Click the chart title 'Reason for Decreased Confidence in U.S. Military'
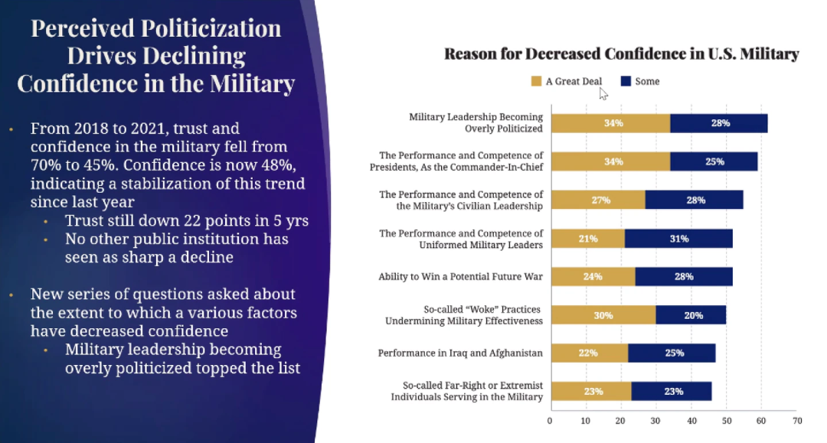pos(621,54)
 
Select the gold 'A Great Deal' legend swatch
pos(536,81)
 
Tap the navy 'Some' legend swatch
pos(626,81)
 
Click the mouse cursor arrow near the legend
pos(603,93)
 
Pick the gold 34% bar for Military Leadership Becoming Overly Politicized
pos(610,123)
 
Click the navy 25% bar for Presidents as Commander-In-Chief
pos(714,161)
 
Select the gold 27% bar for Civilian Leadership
pos(598,200)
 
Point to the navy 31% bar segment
pos(678,239)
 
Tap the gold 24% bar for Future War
pos(593,277)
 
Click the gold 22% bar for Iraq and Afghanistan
pos(589,353)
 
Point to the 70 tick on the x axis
pos(796,421)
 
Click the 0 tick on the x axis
pos(550,421)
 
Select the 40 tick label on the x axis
pos(691,421)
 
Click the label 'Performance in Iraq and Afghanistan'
pos(460,353)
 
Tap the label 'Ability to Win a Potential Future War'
pos(460,277)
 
